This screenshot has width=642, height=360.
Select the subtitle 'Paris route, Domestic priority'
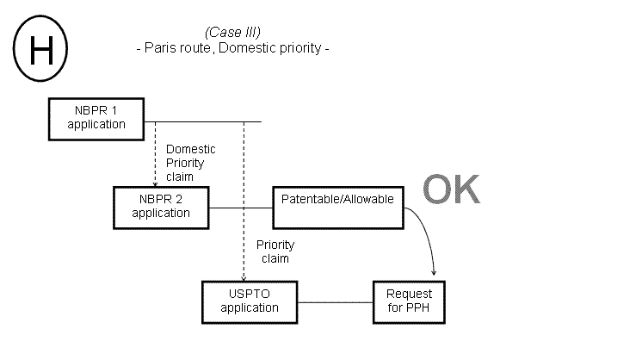(233, 48)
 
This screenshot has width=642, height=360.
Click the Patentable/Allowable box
(337, 207)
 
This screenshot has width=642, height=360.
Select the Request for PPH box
(408, 301)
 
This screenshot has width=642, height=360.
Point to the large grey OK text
(452, 191)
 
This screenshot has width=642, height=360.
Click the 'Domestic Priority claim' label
(190, 162)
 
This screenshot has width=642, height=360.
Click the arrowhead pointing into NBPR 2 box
(155, 183)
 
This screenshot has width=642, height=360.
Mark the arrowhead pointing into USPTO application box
(244, 277)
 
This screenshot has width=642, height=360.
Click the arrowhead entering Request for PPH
(433, 276)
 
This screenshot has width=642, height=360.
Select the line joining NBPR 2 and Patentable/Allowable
(242, 208)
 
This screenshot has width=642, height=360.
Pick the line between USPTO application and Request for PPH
(335, 302)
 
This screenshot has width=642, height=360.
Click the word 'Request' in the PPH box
(408, 295)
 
